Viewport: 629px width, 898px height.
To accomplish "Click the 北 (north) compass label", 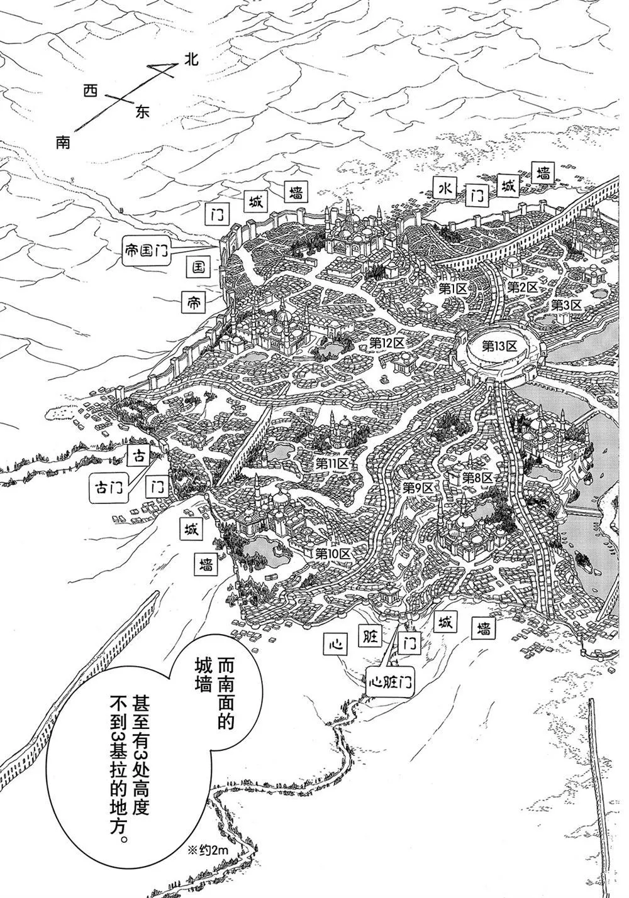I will click(x=191, y=60).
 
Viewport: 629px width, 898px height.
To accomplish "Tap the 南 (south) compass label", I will click(x=63, y=143).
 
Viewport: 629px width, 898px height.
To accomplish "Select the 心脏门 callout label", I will click(x=391, y=682).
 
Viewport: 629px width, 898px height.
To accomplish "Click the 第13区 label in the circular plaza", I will click(x=499, y=346).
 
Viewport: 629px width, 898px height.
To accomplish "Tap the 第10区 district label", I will click(x=332, y=554).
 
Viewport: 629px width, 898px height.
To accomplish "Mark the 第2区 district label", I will click(x=523, y=287).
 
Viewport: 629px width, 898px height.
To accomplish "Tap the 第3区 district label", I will click(x=567, y=305).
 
